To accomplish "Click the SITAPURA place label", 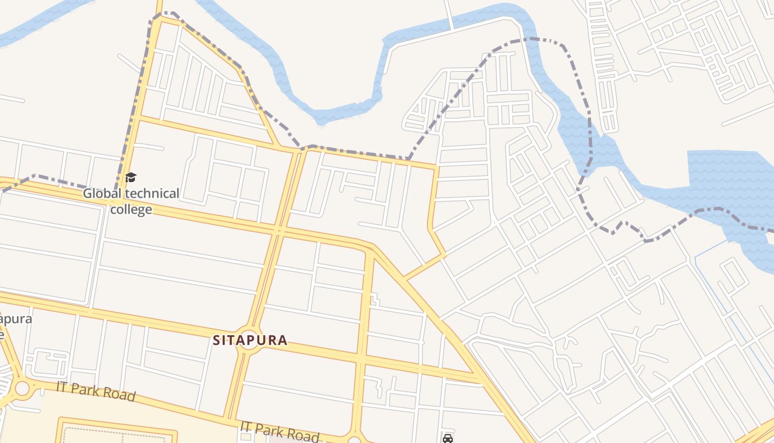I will (250, 340).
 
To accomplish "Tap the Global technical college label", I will (131, 201).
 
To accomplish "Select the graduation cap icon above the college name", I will (130, 177).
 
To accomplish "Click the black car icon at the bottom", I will (448, 439).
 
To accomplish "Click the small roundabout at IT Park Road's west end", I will (22, 388).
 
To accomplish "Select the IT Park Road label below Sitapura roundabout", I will (279, 431).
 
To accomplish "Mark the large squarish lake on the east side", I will (730, 177).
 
